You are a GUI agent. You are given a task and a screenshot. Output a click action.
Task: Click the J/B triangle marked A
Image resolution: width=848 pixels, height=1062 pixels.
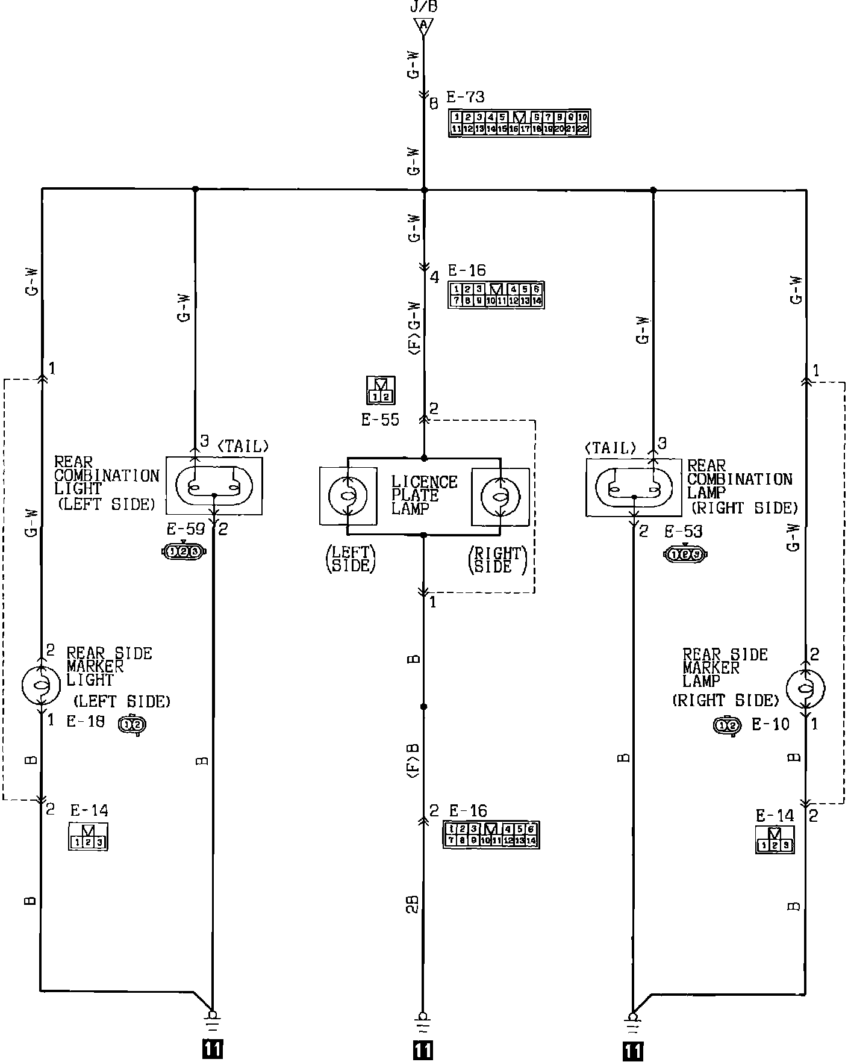(423, 25)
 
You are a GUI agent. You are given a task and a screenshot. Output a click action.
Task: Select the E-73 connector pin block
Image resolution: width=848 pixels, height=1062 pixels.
(519, 123)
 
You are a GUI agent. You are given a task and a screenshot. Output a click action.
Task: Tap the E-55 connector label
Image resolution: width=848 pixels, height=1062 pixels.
(380, 420)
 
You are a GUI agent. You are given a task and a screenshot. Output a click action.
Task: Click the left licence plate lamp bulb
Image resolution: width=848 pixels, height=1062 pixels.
(348, 495)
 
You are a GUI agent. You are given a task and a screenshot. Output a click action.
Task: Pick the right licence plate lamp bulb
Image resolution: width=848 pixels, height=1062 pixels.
(499, 495)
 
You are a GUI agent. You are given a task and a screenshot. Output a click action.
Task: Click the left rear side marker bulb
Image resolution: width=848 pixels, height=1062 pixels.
(41, 685)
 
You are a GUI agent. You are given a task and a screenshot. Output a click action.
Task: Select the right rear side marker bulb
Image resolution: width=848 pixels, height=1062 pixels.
(806, 686)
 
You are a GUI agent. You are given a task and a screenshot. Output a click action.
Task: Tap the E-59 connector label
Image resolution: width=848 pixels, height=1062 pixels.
(185, 530)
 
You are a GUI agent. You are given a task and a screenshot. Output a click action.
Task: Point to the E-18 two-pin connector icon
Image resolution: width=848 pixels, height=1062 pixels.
(132, 725)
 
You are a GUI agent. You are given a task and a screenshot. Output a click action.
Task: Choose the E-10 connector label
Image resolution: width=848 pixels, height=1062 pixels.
(770, 724)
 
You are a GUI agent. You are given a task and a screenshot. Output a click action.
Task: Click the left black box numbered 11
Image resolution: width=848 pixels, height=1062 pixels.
(213, 1049)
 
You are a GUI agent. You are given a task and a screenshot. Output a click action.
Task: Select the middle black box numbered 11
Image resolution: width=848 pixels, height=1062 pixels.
(423, 1049)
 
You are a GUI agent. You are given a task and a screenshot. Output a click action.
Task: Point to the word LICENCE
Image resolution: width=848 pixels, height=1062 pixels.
(424, 482)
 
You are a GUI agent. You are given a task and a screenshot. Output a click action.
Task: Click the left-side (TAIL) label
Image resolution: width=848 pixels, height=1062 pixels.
(242, 446)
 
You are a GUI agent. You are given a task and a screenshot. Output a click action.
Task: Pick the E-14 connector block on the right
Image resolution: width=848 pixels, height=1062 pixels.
(775, 840)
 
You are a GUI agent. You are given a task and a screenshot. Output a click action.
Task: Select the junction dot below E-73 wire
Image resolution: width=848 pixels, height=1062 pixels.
(423, 190)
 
